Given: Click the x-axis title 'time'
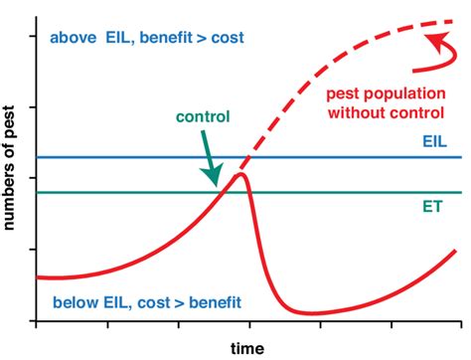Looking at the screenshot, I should point(248,348).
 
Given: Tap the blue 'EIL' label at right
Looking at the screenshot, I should point(433,142).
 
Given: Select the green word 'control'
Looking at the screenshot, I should point(203,115).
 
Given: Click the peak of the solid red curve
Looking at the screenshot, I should point(239,175).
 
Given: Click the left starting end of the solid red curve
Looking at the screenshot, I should point(37,276).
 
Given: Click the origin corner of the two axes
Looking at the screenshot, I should point(37,320).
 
